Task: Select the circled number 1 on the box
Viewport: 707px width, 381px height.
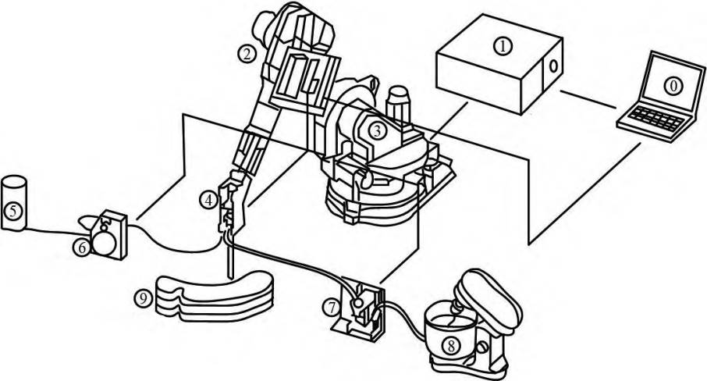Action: coord(503,46)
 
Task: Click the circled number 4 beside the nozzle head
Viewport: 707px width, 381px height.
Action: coord(208,200)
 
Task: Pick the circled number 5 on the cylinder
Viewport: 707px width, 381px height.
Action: coord(12,210)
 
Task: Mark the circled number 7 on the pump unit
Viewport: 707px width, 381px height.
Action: coord(332,307)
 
